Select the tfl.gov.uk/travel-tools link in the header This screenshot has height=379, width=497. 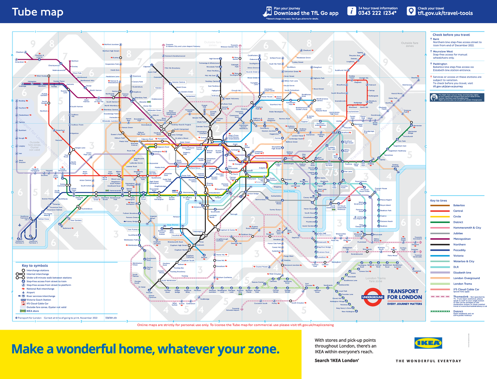(445, 13)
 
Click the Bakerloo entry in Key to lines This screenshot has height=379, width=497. (459, 205)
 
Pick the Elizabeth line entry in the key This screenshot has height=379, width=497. (462, 273)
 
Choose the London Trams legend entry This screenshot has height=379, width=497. (462, 284)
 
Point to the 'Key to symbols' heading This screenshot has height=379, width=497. (35, 266)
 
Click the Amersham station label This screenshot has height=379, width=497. (20, 61)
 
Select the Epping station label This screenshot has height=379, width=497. (360, 53)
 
